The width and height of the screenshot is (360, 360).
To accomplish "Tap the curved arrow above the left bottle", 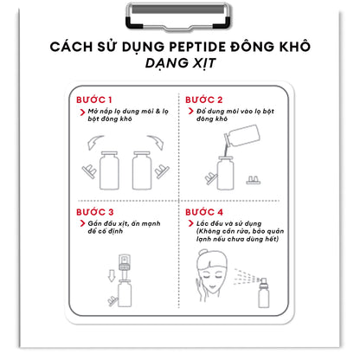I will click(89, 140).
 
